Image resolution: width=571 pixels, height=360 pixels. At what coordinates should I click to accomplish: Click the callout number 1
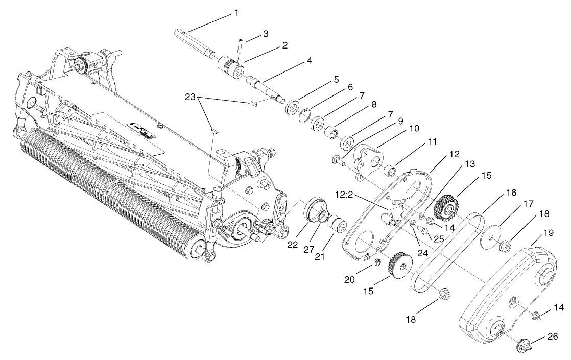[236, 11]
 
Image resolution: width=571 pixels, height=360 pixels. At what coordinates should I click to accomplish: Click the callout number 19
[549, 232]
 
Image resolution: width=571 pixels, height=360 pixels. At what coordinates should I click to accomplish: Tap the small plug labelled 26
[522, 343]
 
